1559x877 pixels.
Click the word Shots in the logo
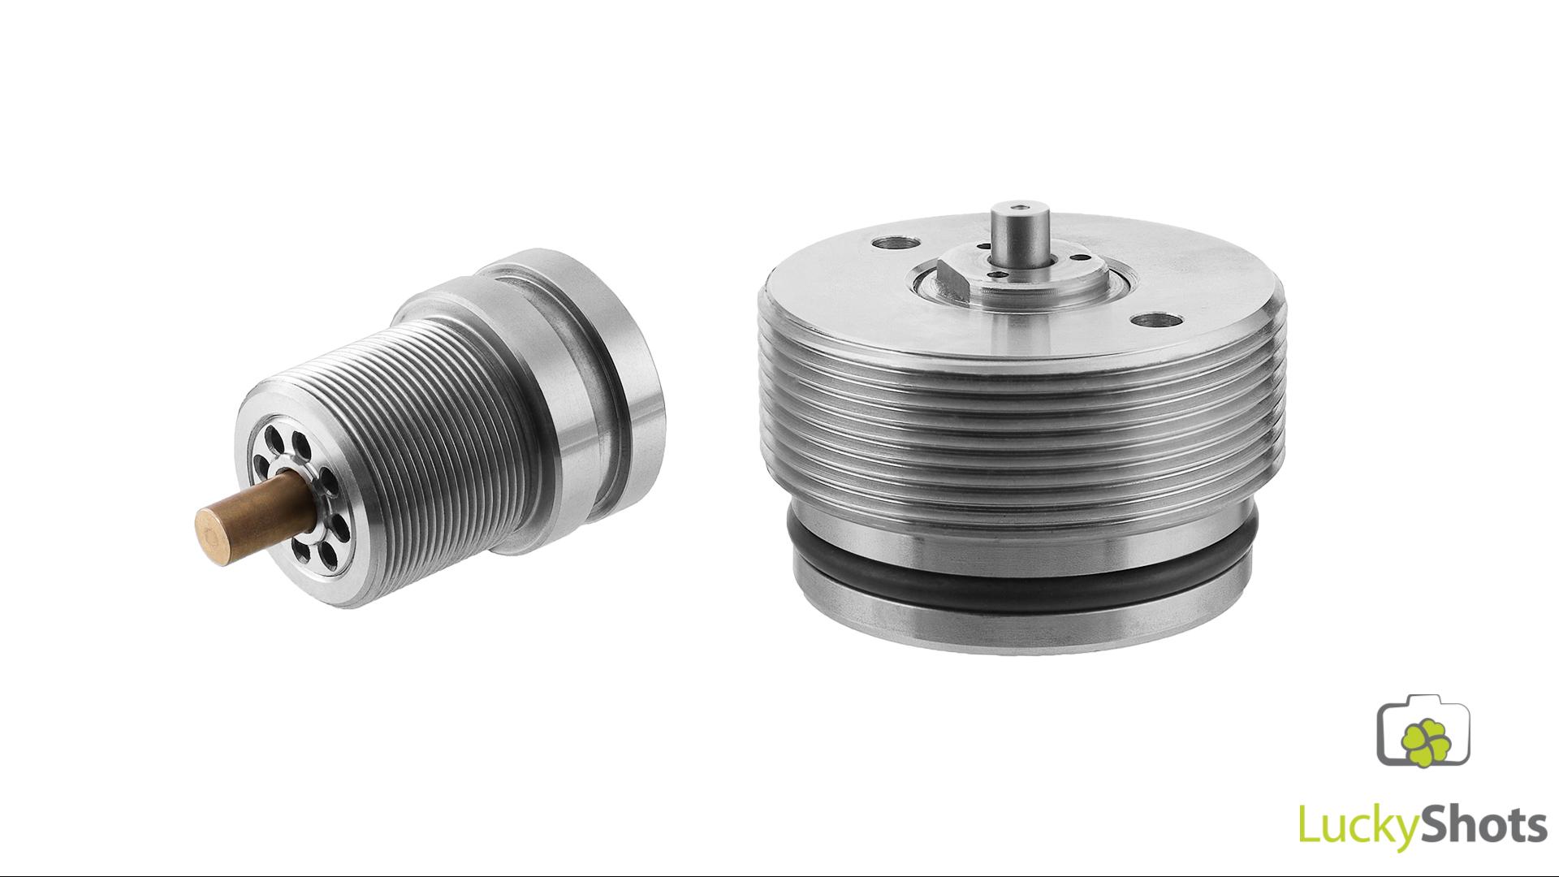(1479, 823)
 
